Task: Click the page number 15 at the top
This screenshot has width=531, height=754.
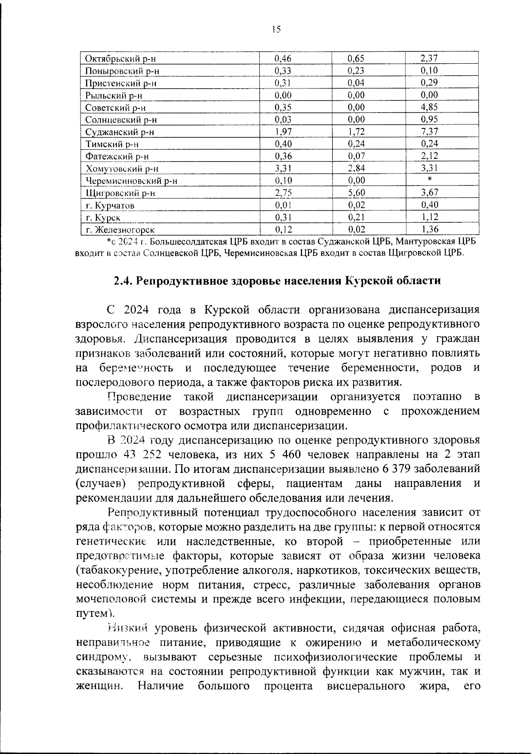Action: [276, 30]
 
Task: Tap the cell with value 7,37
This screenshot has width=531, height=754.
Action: [429, 131]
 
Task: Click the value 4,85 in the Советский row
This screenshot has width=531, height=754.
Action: [429, 107]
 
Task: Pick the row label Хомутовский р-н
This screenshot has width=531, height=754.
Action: [122, 169]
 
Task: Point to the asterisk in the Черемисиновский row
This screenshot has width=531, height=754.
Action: [430, 180]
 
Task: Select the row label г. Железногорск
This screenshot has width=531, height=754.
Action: [120, 230]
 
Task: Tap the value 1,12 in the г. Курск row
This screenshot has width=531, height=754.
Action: [429, 217]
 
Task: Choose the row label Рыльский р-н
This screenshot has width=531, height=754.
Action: [114, 95]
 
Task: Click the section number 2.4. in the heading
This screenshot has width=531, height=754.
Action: [123, 281]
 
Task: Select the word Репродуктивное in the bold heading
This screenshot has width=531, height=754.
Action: [181, 281]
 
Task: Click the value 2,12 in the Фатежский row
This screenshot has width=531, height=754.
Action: [429, 156]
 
